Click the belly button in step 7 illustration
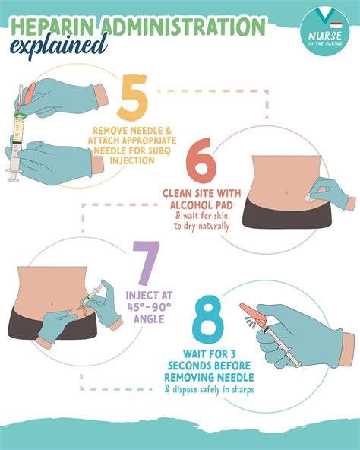click(52, 305)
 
